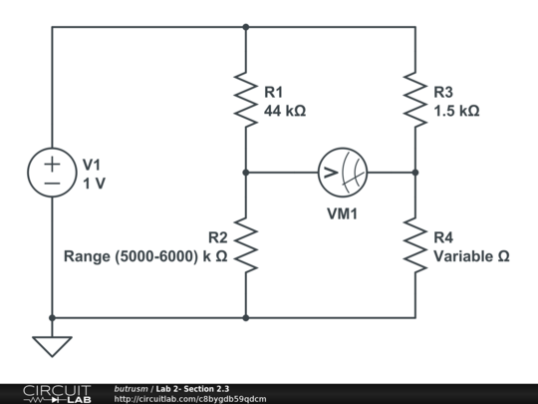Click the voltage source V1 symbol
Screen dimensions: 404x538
51,173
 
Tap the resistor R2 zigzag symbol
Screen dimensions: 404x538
245,245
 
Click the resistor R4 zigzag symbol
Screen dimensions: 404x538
415,245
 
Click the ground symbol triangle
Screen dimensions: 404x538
51,345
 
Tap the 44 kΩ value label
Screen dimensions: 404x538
284,111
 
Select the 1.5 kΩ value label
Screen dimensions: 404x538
457,111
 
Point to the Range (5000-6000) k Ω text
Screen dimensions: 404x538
145,256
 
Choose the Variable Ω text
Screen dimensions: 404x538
472,256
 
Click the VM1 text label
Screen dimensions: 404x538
343,212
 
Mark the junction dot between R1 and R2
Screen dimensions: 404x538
245,173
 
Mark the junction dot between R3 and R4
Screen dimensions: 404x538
415,173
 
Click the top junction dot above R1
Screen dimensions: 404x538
245,27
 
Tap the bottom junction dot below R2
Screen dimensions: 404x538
245,318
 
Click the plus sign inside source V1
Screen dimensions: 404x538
51,163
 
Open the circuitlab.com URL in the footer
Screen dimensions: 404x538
190,398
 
